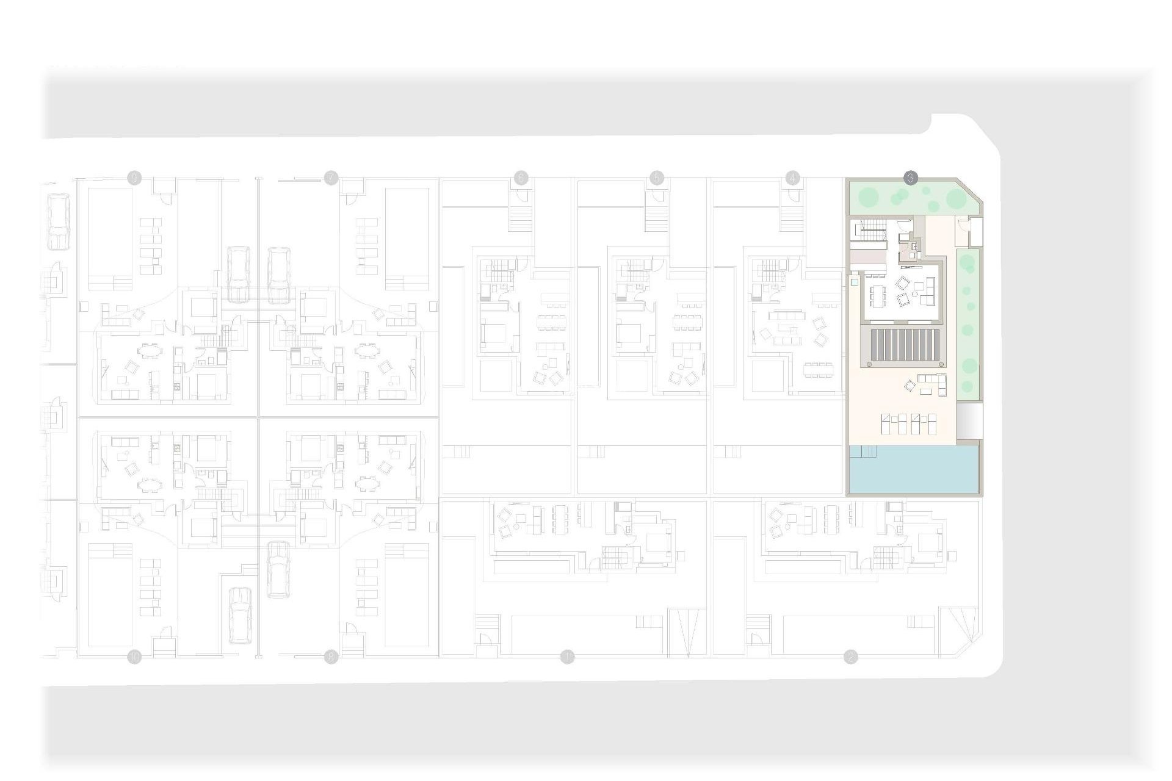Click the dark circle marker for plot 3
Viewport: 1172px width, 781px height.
click(910, 178)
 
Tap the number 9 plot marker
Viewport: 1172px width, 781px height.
click(134, 178)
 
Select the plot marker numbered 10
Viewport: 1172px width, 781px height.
click(134, 657)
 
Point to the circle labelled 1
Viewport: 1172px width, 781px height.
click(567, 657)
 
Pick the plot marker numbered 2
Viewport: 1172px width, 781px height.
click(850, 657)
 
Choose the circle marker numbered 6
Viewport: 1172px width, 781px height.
click(521, 178)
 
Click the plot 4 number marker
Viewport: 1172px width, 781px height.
click(792, 178)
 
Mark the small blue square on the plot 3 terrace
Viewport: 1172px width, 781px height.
click(854, 283)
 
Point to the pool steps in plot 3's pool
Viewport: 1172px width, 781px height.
click(863, 451)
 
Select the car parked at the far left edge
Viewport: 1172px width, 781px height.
click(57, 221)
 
